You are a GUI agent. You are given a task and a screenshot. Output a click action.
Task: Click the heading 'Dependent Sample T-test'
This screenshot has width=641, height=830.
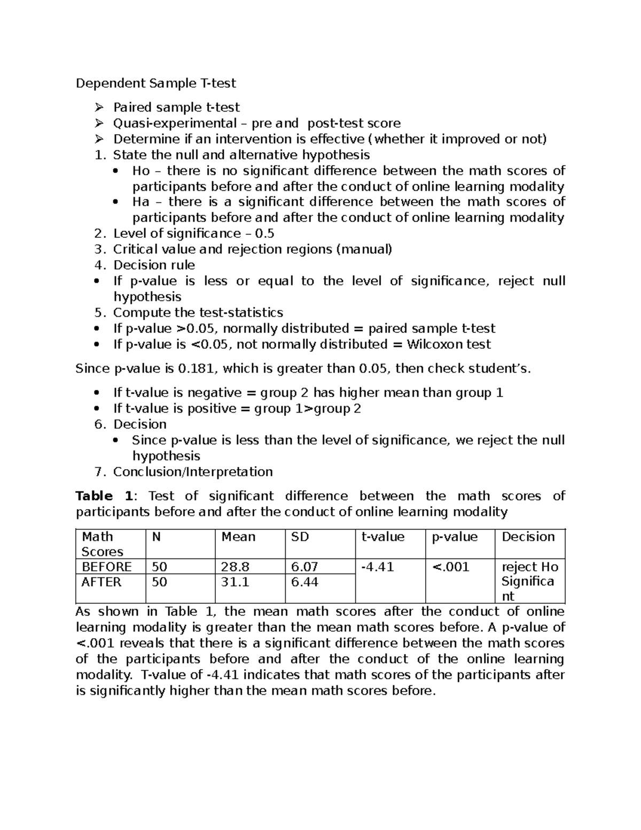tap(155, 83)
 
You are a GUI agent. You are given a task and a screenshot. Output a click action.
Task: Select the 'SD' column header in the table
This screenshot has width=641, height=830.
tap(300, 537)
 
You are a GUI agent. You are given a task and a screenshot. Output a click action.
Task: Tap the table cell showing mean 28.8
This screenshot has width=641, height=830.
tap(235, 567)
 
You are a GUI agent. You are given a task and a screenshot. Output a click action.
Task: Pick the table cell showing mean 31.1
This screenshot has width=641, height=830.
tap(235, 582)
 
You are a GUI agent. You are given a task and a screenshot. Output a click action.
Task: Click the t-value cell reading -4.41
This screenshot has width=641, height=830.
tap(378, 567)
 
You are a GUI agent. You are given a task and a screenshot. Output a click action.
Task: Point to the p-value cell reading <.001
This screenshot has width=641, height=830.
tap(450, 567)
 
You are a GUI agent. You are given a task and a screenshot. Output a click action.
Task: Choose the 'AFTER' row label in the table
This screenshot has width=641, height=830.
tap(101, 582)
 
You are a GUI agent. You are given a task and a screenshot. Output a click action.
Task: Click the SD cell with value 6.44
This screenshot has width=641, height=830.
tap(304, 582)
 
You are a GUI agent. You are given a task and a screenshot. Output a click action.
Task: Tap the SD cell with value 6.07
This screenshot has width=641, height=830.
tap(304, 567)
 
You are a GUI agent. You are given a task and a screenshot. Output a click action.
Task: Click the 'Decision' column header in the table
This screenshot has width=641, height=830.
tap(528, 537)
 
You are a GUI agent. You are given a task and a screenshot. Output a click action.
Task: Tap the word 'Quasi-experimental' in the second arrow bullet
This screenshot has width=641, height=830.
tap(175, 123)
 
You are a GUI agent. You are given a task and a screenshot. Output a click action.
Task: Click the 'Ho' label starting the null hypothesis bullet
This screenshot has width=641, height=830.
tap(141, 171)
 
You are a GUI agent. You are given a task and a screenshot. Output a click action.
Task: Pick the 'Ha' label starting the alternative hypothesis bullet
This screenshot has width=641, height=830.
tap(141, 202)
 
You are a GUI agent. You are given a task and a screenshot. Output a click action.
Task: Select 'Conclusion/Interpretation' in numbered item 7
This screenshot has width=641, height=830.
tap(193, 472)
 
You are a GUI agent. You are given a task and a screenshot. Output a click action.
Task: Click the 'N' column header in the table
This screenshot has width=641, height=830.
tap(156, 537)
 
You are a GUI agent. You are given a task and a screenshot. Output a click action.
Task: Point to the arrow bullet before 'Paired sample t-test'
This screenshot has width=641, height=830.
tap(99, 107)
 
